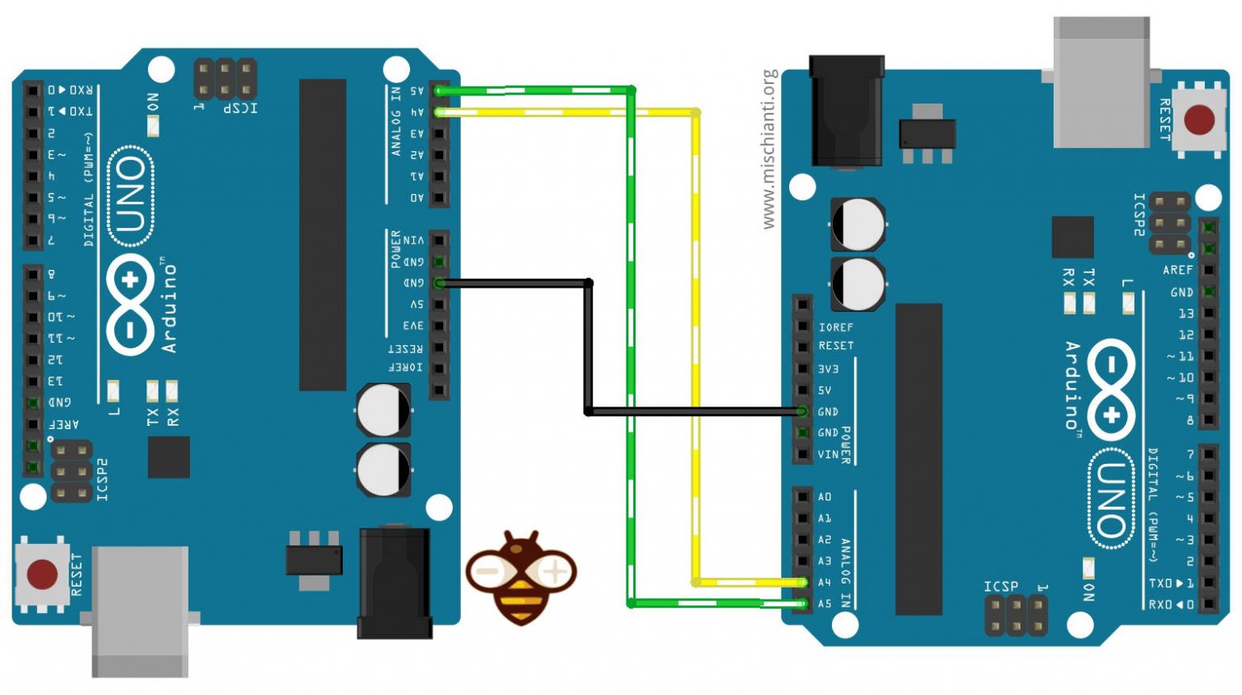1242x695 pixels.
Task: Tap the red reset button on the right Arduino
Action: point(1198,120)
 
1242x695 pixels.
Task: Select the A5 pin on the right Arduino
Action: point(802,604)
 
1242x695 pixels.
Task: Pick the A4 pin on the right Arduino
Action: point(802,582)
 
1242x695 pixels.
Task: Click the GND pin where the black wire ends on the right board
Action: point(802,411)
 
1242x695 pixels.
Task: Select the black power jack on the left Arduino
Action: point(395,580)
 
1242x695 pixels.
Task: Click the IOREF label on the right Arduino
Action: point(835,327)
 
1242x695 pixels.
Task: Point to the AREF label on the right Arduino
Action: point(1177,270)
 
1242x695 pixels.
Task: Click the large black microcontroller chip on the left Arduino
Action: point(323,234)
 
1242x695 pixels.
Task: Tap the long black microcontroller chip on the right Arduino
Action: point(919,459)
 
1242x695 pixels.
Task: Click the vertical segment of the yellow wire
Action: point(695,347)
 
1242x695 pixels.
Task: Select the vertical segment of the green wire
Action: point(631,347)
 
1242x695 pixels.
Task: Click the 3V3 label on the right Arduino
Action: point(828,369)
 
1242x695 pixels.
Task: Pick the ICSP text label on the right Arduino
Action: point(1001,586)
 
